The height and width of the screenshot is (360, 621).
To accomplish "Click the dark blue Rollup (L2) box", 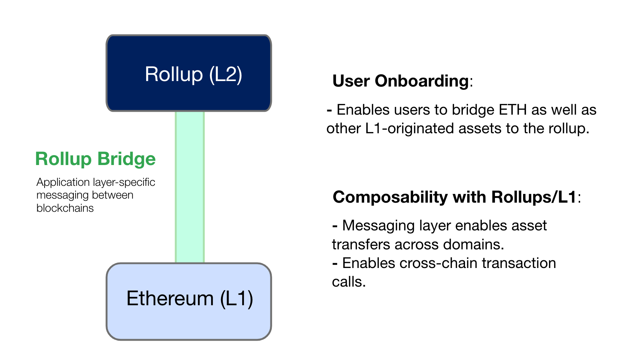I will [188, 73].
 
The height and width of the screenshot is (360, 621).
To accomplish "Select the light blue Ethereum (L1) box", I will [188, 301].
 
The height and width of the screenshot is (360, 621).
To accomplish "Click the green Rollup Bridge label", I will [95, 159].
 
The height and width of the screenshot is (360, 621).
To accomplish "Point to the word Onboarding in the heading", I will [422, 81].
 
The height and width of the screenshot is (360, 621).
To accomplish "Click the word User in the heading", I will [351, 81].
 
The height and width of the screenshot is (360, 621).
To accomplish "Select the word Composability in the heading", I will [390, 198].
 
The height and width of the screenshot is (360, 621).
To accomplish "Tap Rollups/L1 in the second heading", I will [534, 198].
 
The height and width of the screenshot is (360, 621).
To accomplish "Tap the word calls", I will [348, 282].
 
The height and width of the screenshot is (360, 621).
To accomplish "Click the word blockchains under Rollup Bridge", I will [65, 208].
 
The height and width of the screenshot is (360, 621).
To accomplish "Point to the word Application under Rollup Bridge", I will [63, 182].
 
